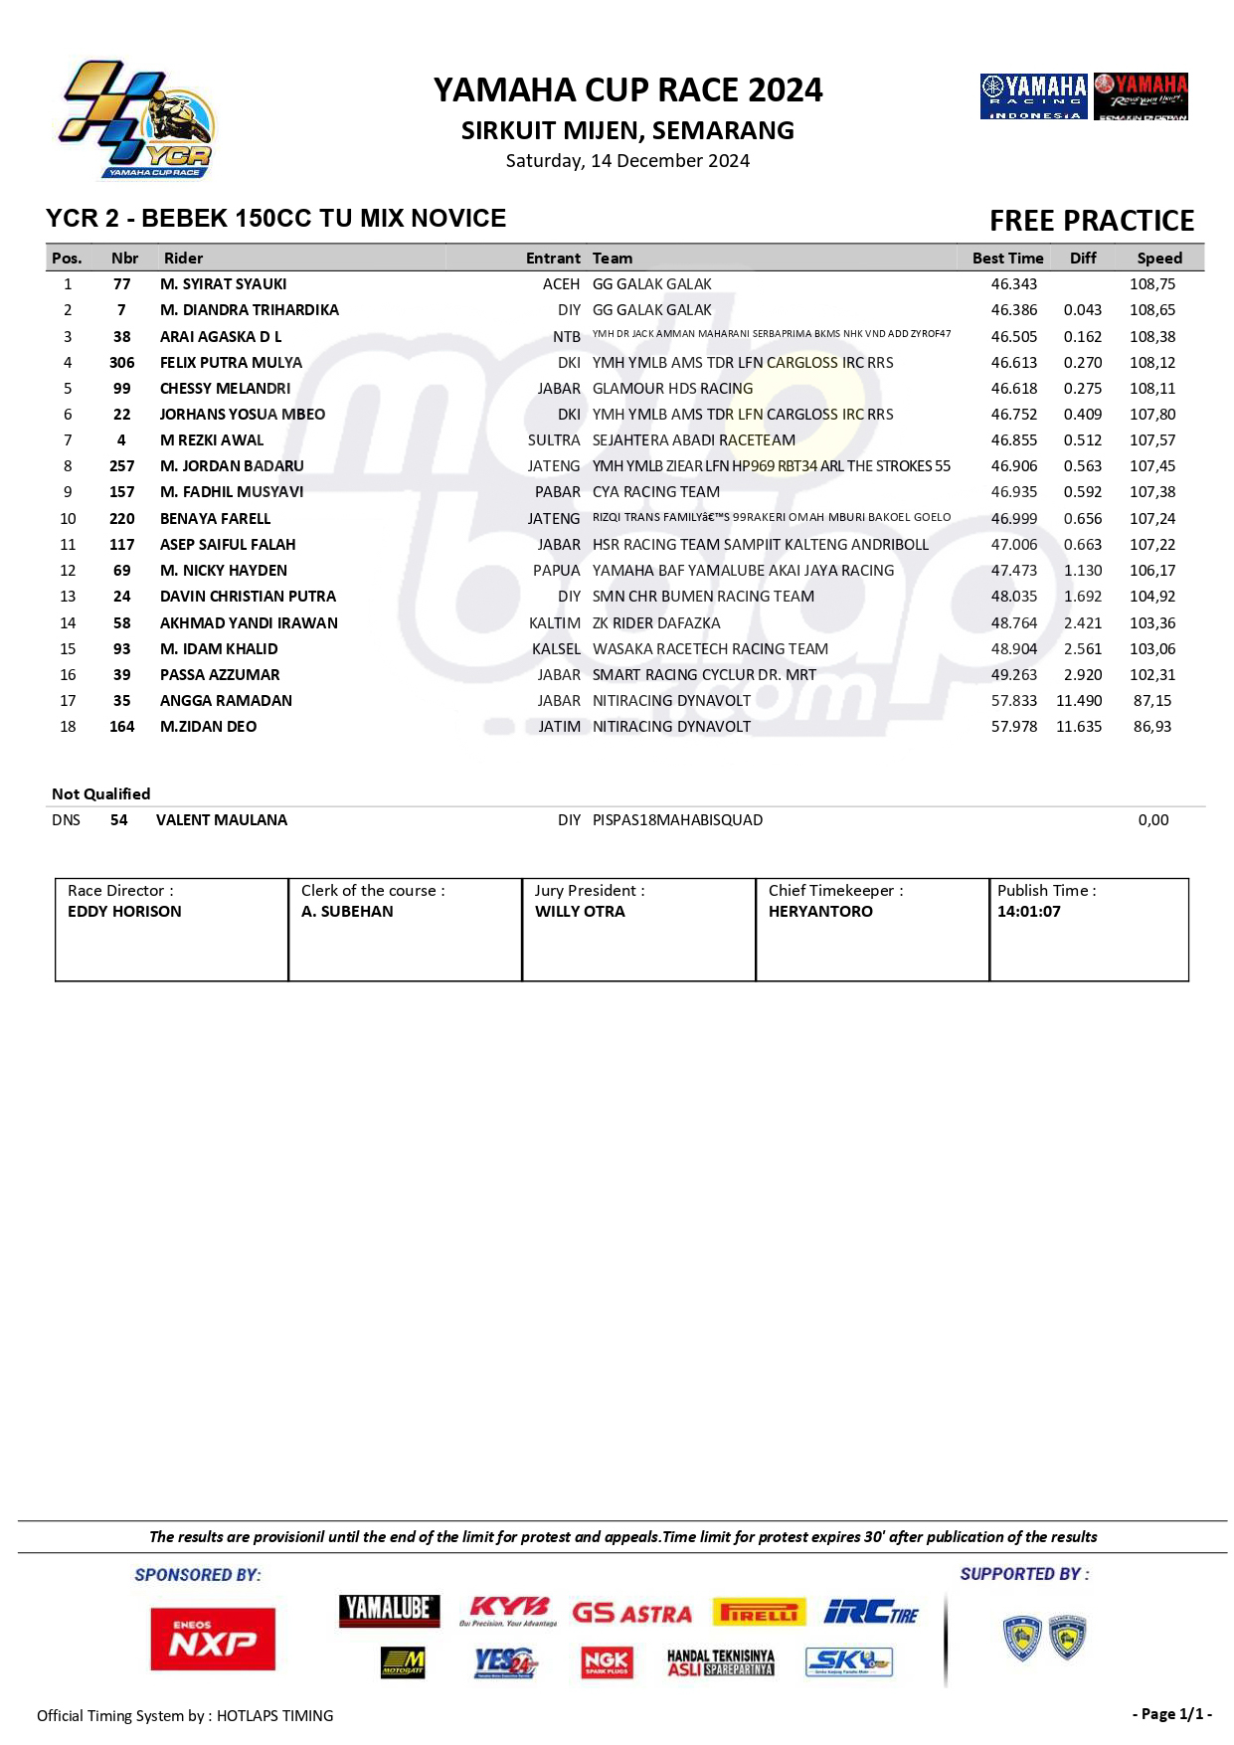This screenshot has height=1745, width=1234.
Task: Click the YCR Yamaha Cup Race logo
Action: point(136,120)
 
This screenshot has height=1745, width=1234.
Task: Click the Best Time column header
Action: point(1007,259)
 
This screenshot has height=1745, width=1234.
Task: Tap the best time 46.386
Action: point(1013,310)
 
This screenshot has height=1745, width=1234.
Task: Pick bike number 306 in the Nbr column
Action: point(122,363)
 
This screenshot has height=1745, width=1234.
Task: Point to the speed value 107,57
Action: point(1151,440)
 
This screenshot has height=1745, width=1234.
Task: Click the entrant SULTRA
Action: point(554,440)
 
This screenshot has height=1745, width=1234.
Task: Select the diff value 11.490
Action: point(1078,701)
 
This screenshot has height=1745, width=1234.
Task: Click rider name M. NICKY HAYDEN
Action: point(223,571)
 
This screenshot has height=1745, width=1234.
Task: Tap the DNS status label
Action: point(66,820)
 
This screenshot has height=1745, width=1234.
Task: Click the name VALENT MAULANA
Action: point(222,820)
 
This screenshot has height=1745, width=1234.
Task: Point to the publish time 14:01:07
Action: point(1028,912)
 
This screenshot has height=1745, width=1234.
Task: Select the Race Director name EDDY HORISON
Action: point(124,912)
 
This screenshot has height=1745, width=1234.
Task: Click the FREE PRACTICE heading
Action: point(1091,221)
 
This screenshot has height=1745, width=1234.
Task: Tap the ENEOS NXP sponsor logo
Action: point(213,1639)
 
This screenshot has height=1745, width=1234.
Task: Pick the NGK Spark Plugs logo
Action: point(606,1661)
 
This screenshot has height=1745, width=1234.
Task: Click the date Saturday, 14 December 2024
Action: point(627,161)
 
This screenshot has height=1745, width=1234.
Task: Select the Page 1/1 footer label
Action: point(1171,1714)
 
